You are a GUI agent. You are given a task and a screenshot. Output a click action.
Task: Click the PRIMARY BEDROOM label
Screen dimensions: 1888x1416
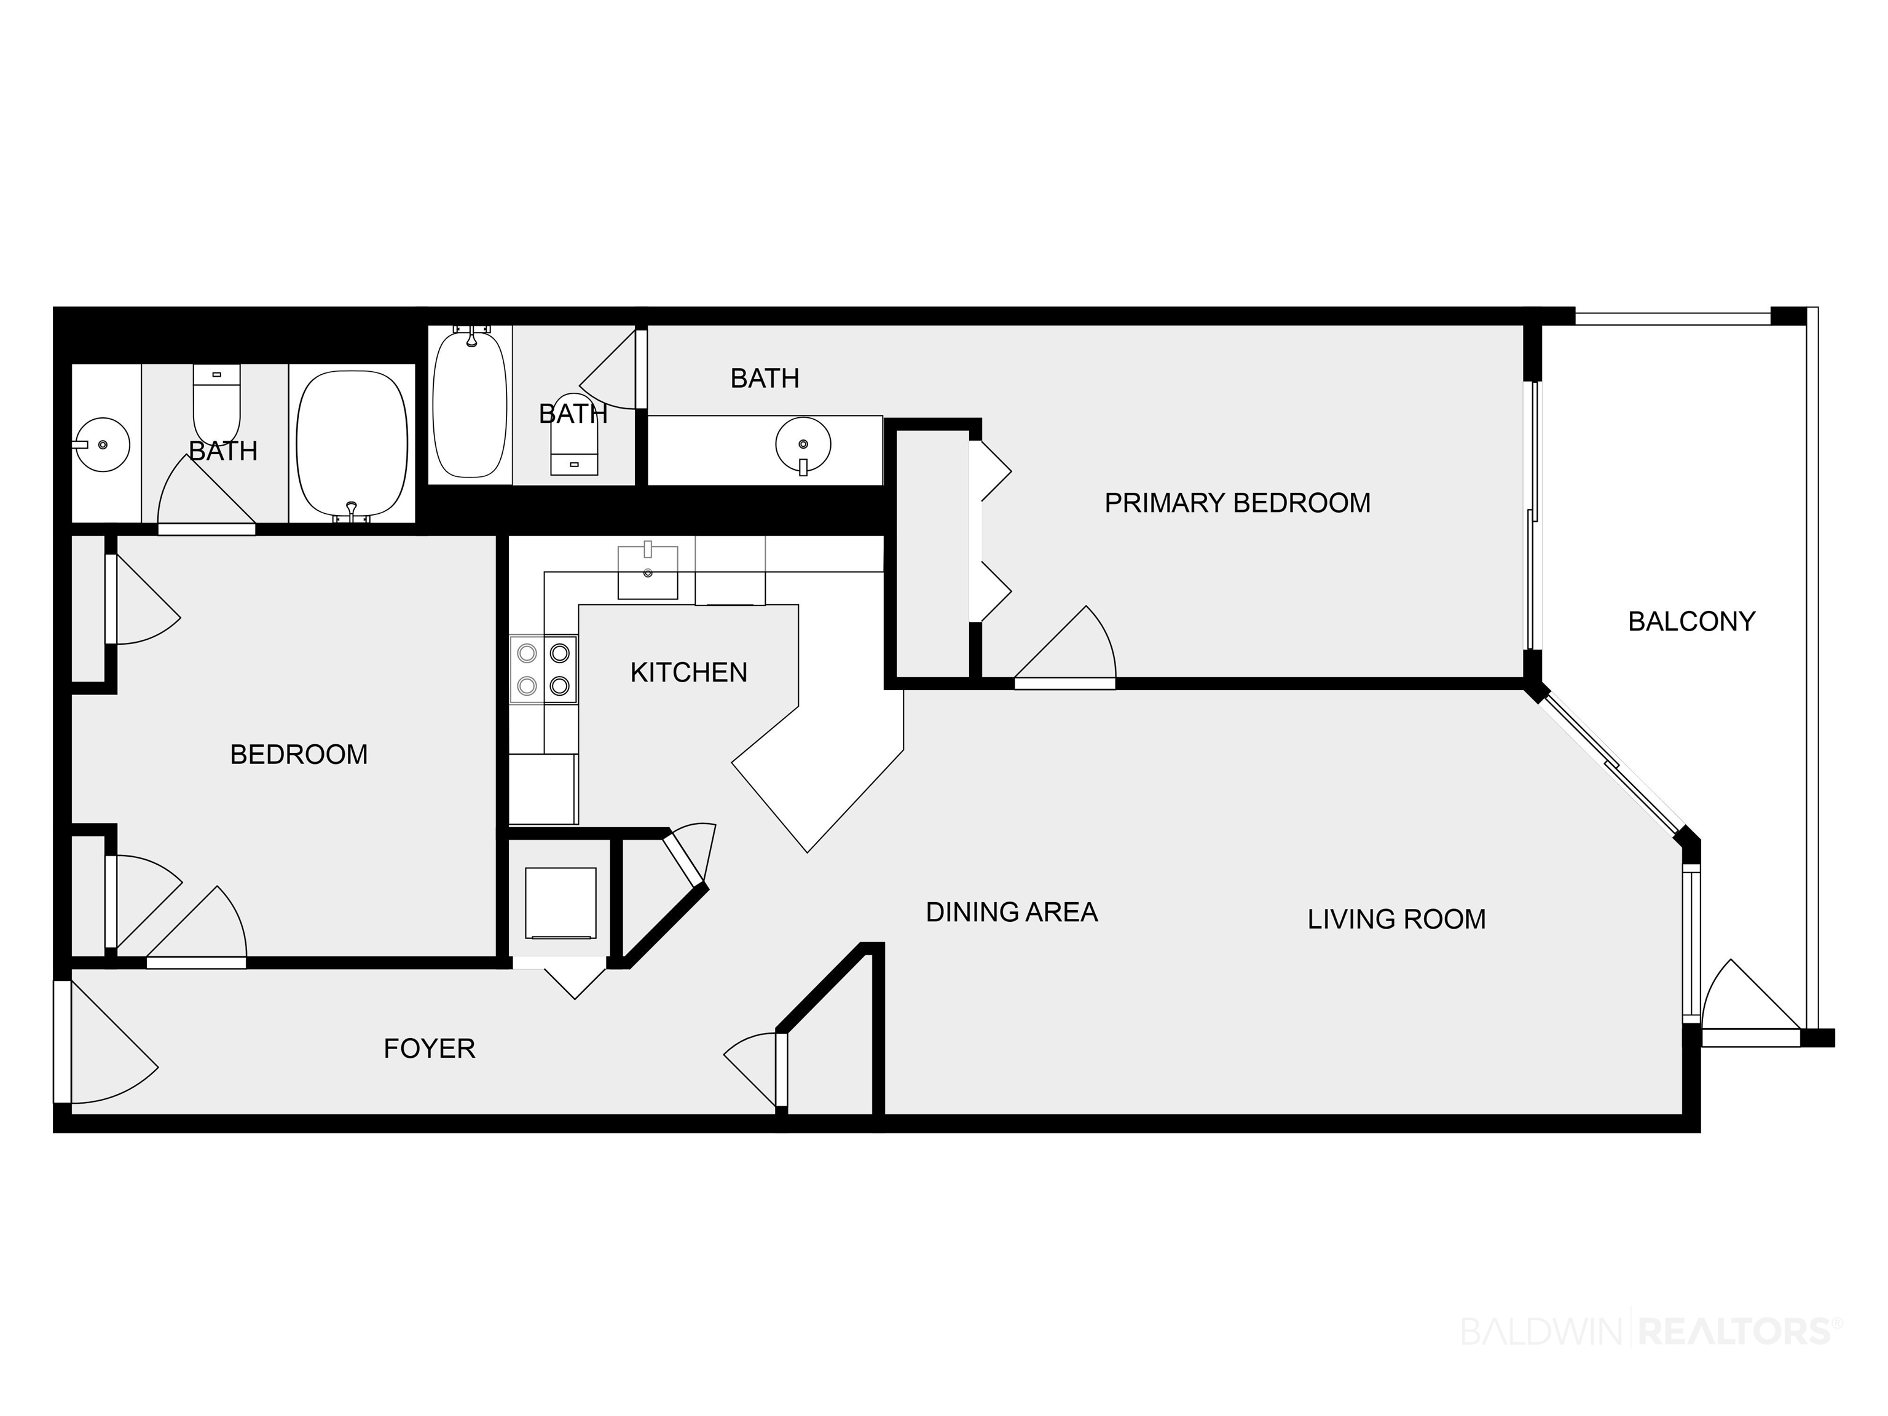[x=1238, y=503]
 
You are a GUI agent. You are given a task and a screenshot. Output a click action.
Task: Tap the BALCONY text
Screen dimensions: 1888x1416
[x=1692, y=621]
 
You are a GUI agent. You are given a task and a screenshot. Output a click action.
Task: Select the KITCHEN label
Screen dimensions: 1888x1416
[x=689, y=672]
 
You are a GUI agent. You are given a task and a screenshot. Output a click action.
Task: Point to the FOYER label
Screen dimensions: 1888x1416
[x=430, y=1048]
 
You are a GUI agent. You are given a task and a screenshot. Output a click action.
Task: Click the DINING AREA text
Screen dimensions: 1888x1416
[x=1012, y=913]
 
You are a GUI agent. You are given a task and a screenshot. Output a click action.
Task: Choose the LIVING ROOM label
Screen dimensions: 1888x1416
[x=1396, y=919]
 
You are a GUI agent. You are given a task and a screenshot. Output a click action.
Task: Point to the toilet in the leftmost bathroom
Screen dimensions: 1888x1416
[x=217, y=403]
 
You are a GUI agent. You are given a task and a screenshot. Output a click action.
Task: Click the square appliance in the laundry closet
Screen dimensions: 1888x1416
[x=560, y=902]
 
